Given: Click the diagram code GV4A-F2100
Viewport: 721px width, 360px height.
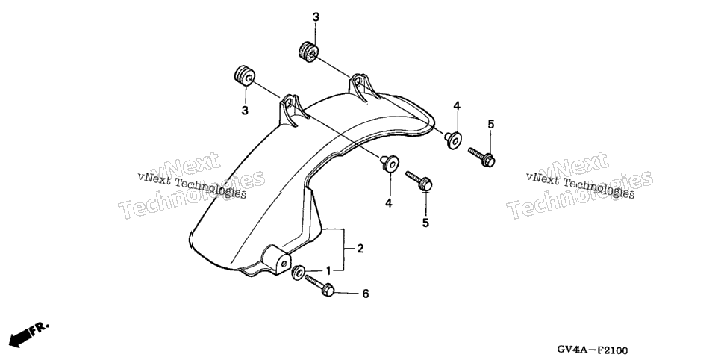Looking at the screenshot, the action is click(593, 350).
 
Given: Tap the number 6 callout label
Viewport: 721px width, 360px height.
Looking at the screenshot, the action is click(366, 294).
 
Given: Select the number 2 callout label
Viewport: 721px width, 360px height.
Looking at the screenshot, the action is click(360, 249).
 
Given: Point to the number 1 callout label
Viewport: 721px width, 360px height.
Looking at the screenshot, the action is click(328, 270).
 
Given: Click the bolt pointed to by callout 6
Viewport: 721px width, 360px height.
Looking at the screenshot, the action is click(319, 285).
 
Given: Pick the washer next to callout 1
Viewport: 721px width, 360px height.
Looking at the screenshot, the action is click(298, 272).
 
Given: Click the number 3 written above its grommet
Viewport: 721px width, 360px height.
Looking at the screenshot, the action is click(316, 17).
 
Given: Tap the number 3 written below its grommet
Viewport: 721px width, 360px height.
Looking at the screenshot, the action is click(245, 111).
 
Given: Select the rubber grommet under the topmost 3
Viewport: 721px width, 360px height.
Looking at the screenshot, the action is click(308, 51).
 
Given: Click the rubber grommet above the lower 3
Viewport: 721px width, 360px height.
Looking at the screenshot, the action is click(244, 75).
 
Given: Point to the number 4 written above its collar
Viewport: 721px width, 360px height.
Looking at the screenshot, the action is click(457, 106).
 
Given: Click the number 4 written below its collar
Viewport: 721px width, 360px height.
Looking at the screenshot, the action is click(389, 203).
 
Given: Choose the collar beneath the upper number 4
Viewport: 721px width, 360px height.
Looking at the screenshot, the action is click(453, 140).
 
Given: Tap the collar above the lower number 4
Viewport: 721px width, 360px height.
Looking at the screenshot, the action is click(390, 164).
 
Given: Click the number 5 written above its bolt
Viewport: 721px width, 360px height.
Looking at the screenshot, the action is click(490, 124).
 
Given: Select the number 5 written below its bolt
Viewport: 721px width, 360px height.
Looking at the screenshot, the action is click(425, 223).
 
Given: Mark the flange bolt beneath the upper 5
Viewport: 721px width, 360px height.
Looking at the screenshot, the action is click(481, 157).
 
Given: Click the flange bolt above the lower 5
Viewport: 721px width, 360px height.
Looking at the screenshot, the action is click(419, 181).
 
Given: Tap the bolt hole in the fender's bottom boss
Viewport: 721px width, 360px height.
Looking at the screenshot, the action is click(284, 264).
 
